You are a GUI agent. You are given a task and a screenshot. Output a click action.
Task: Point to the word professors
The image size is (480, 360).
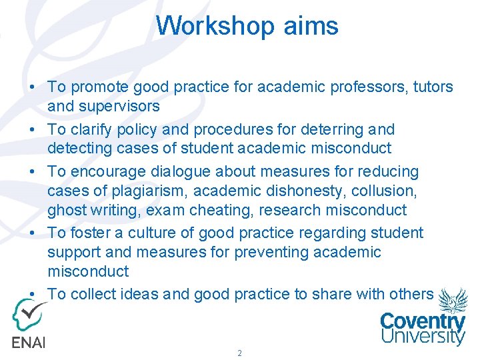pos(348,87)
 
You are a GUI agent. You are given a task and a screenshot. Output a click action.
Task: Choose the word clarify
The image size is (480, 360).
pos(93,129)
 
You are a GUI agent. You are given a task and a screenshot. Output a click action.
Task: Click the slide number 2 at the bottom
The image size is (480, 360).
pos(239,353)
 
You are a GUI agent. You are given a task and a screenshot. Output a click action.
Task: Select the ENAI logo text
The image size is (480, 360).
pos(27,341)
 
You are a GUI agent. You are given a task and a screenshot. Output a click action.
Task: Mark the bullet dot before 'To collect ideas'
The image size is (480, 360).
pos(32,294)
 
